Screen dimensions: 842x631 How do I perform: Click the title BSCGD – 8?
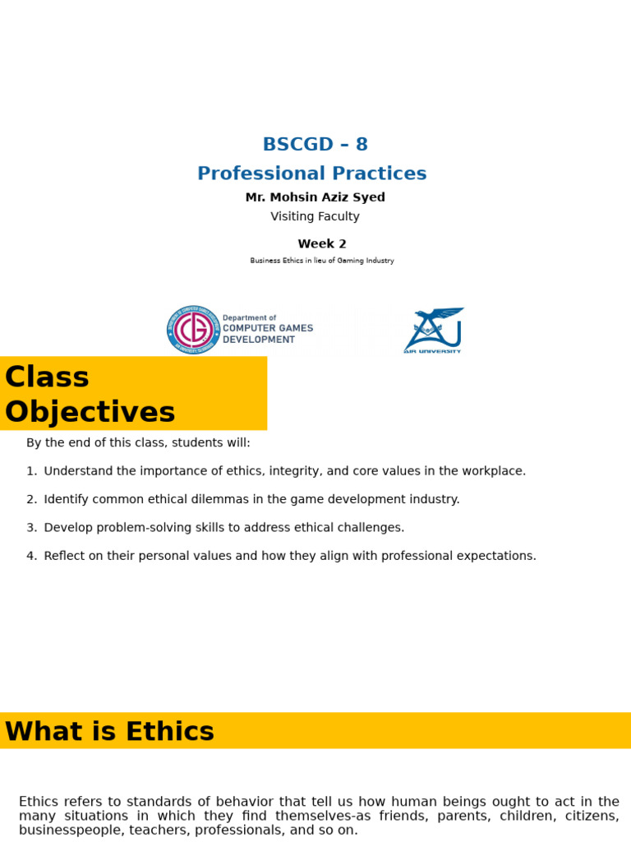coord(315,145)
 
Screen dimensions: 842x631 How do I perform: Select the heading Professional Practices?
coord(311,173)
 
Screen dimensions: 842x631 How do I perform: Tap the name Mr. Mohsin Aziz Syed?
coord(315,197)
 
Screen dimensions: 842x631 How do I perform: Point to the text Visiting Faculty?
coord(315,216)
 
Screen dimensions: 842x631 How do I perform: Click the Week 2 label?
coord(321,243)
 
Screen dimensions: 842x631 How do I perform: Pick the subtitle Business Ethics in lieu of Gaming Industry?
coord(321,261)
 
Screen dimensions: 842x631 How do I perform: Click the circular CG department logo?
coord(193,329)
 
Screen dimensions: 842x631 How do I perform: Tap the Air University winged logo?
coord(433,329)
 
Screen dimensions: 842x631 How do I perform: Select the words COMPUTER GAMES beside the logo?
coord(268,328)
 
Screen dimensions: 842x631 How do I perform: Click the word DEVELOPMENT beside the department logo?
coord(259,340)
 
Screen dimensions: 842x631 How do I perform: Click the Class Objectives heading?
coord(90,394)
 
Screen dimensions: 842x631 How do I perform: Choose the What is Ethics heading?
coord(109,731)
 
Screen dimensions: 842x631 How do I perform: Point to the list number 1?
coord(30,471)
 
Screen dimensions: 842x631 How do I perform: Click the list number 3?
coord(30,528)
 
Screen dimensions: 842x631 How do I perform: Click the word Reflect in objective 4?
coord(62,556)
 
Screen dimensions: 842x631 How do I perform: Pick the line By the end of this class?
coord(138,443)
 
